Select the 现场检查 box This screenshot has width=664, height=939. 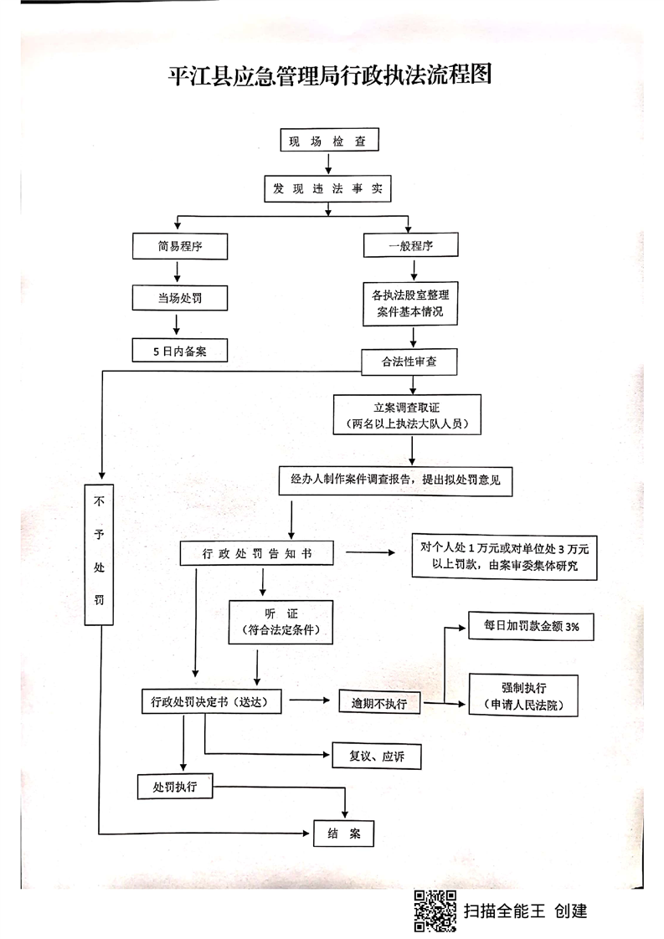tap(327, 140)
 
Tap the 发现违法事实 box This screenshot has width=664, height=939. tap(327, 189)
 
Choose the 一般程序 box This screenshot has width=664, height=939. tap(410, 245)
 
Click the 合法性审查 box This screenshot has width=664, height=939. tap(410, 362)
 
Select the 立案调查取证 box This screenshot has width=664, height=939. tap(410, 415)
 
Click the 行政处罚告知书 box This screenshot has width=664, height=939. tap(257, 554)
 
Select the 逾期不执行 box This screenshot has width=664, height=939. tap(378, 703)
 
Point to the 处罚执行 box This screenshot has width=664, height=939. tap(175, 787)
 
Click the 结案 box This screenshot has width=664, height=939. tap(343, 834)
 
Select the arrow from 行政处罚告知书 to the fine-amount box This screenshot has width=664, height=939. tap(370, 553)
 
